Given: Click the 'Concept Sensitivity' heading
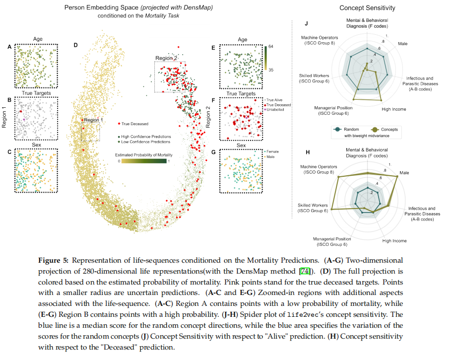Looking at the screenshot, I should click(x=367, y=8).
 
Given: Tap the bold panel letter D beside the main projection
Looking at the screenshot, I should click(x=75, y=45).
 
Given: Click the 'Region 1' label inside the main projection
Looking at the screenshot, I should click(x=94, y=120).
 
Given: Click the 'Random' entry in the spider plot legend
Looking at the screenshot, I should click(x=350, y=128).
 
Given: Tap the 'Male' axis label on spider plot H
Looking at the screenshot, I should click(x=404, y=173).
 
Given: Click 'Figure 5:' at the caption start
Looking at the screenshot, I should click(x=53, y=260).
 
